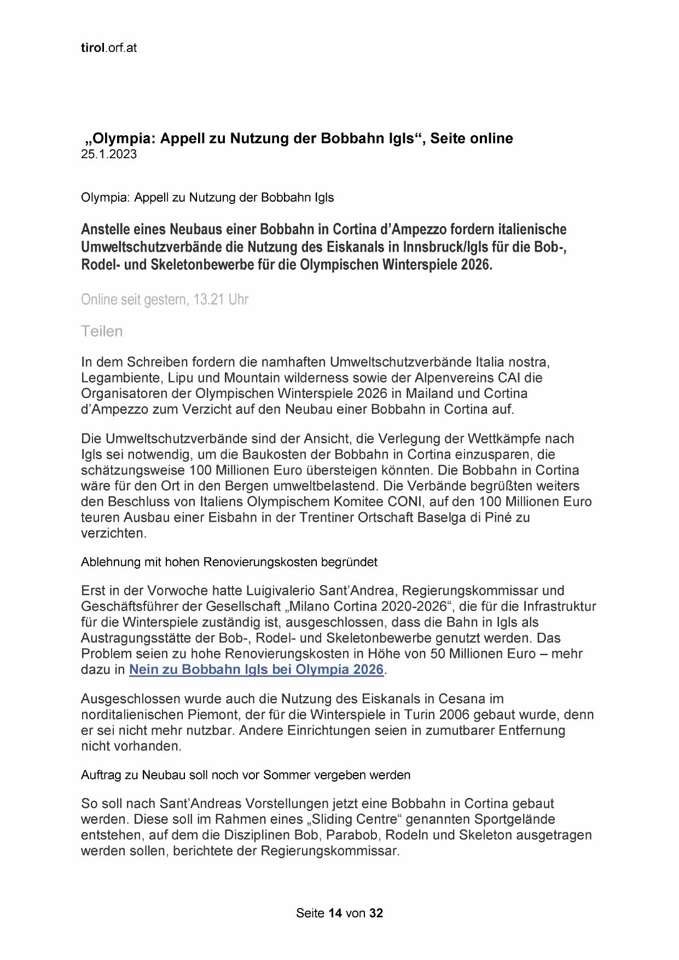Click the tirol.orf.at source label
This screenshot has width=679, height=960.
coord(108,48)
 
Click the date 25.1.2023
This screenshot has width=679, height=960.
coord(108,155)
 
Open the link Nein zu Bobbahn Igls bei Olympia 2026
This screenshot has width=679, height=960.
coord(256,669)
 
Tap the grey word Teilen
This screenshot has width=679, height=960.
coord(102,331)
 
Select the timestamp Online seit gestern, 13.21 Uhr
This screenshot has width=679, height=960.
coord(164,300)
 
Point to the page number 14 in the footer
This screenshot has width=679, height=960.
coord(335,913)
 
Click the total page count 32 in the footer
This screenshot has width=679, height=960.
coord(376,913)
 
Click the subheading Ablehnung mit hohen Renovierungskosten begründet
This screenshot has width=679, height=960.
coord(229,562)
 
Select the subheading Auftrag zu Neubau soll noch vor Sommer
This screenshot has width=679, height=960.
coord(245,775)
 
